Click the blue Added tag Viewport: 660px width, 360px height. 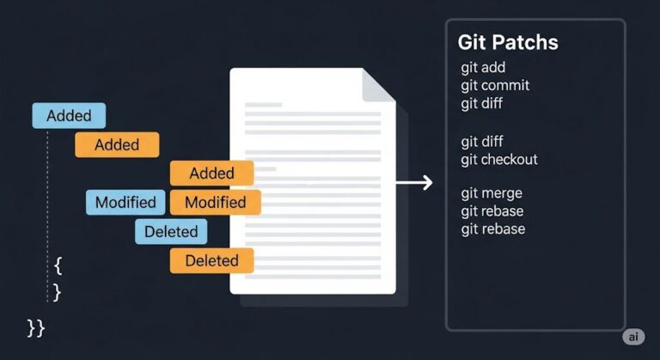click(x=69, y=116)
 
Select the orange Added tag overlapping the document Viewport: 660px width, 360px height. click(x=211, y=174)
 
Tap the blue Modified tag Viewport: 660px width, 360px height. click(x=125, y=203)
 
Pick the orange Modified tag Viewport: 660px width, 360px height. click(x=215, y=203)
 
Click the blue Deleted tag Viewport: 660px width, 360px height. click(x=170, y=231)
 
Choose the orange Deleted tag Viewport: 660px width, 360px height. click(x=211, y=260)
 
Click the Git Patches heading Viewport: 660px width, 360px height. click(x=507, y=43)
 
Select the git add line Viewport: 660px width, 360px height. click(x=483, y=68)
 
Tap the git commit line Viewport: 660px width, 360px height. click(x=495, y=86)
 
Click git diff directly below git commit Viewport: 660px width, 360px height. click(x=482, y=104)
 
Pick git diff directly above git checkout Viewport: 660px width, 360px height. click(x=482, y=142)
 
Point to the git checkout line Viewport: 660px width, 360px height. click(x=499, y=160)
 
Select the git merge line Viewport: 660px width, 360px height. click(x=492, y=193)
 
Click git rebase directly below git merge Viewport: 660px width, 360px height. click(x=492, y=211)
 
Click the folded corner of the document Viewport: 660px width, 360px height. click(x=378, y=83)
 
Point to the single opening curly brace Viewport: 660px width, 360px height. click(x=58, y=264)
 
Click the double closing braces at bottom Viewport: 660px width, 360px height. click(x=36, y=327)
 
